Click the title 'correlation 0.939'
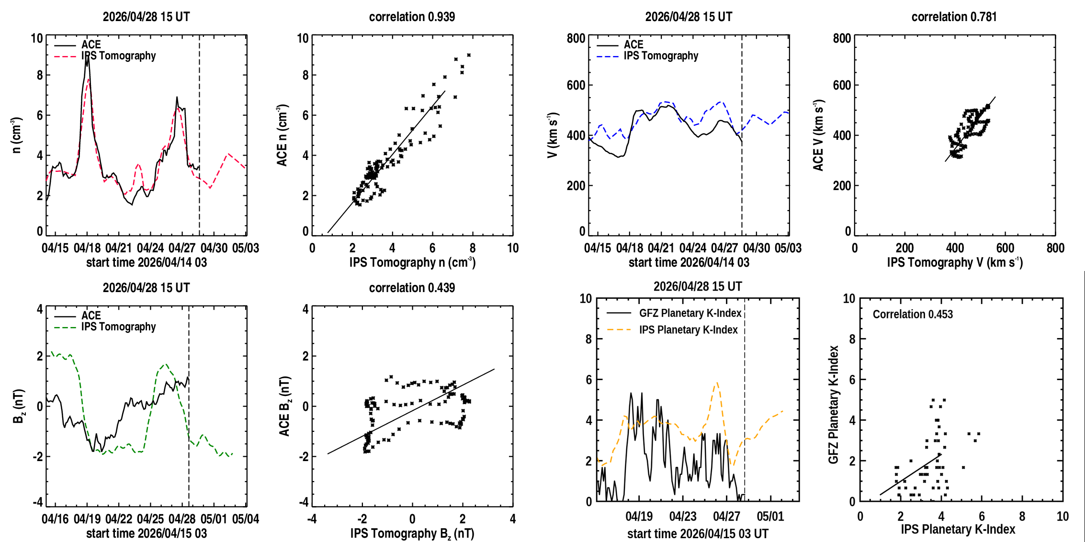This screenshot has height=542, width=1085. (x=412, y=17)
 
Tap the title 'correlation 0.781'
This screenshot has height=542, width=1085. (x=954, y=17)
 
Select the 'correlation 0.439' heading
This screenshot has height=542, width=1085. (x=412, y=288)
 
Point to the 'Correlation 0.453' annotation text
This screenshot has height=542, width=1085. (x=913, y=314)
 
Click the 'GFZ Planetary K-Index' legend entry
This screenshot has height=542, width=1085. (x=674, y=313)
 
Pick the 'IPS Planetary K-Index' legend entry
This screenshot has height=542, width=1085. (x=672, y=330)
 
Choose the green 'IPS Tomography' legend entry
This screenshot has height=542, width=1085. (x=105, y=327)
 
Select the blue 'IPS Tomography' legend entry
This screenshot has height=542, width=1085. (x=647, y=56)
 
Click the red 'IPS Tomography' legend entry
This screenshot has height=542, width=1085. (x=105, y=56)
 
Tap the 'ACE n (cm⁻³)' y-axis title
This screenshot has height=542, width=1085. (x=282, y=135)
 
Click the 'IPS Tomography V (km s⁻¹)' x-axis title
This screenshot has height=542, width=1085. (x=955, y=262)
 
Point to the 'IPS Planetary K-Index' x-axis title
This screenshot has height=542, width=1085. (x=958, y=529)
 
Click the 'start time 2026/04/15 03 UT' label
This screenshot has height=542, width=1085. (x=698, y=533)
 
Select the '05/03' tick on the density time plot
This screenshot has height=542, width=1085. (x=246, y=248)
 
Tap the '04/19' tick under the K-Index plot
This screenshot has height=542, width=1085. (x=639, y=517)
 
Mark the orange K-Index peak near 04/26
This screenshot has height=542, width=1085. (x=717, y=383)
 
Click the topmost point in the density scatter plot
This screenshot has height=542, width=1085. (x=469, y=55)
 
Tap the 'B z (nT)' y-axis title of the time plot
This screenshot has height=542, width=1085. (x=19, y=406)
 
